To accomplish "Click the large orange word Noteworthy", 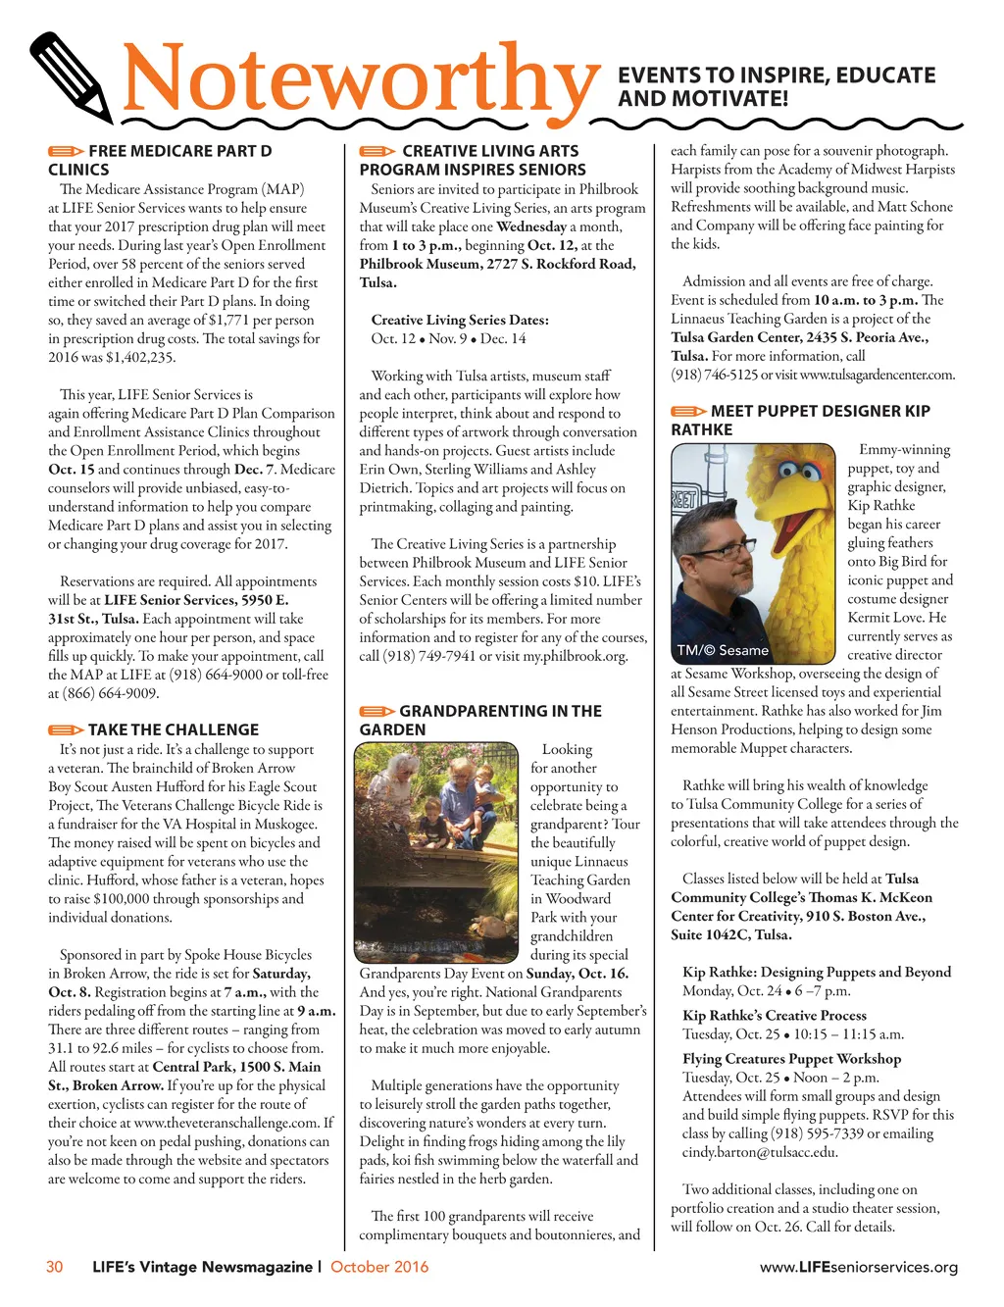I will [361, 80].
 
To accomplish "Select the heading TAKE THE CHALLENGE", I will [173, 729].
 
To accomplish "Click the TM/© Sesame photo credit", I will [723, 650].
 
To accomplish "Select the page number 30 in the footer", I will [55, 1267].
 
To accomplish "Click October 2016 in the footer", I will [379, 1267].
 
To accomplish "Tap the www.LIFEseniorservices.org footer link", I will [859, 1267].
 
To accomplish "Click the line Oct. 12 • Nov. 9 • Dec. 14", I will [448, 338].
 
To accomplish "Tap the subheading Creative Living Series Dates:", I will [460, 320].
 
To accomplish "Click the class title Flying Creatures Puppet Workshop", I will [791, 1059].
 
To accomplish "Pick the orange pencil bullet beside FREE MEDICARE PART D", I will [66, 152].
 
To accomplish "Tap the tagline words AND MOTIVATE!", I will [703, 99].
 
